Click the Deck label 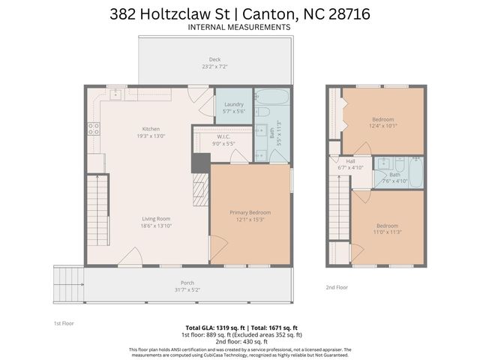point(215,60)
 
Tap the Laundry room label point(233,104)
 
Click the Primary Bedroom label point(250,213)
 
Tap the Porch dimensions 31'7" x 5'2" point(187,290)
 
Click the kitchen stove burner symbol point(94,128)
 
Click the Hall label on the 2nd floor point(350,160)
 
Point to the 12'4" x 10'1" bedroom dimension point(384,126)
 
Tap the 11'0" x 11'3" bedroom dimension point(388,232)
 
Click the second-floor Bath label point(394,175)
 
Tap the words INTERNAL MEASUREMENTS point(240,27)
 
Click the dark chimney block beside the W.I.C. point(200,163)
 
